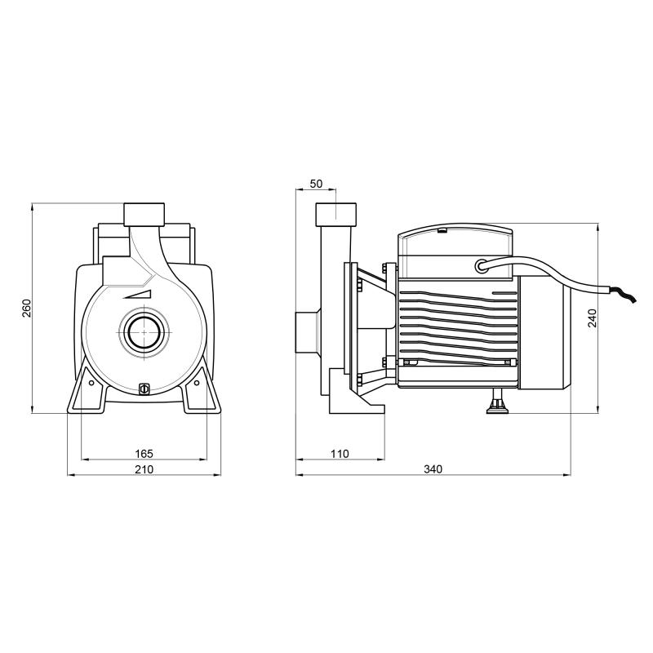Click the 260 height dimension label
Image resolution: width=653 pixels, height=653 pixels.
(27, 308)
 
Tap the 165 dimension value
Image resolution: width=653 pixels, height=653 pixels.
(144, 454)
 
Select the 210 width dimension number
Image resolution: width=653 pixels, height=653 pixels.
(144, 469)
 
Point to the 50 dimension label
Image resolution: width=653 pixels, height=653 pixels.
(317, 184)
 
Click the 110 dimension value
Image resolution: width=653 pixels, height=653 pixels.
(340, 454)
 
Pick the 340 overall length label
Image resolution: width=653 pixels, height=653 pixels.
(433, 469)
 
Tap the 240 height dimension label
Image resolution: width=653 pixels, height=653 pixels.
(592, 318)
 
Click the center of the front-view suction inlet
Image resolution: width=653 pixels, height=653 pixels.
(144, 332)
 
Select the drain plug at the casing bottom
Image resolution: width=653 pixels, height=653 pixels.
(144, 389)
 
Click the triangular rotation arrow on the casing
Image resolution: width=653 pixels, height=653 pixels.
(140, 295)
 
